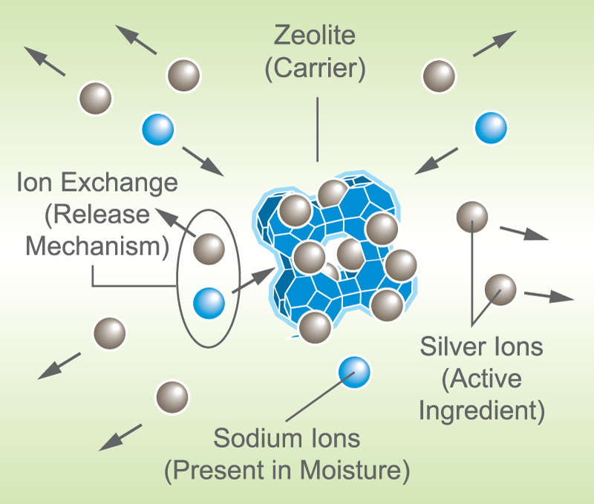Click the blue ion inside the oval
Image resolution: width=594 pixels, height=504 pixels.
[209, 303]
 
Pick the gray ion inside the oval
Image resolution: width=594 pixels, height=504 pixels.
[209, 249]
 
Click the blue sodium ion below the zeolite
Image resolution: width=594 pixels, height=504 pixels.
[353, 370]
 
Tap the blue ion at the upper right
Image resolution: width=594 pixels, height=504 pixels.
[491, 127]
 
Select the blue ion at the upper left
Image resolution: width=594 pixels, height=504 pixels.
[157, 129]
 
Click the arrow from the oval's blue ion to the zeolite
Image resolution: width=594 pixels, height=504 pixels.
[252, 283]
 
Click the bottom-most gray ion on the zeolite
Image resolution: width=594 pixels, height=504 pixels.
[316, 327]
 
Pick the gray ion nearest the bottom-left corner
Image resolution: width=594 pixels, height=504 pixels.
[172, 398]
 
